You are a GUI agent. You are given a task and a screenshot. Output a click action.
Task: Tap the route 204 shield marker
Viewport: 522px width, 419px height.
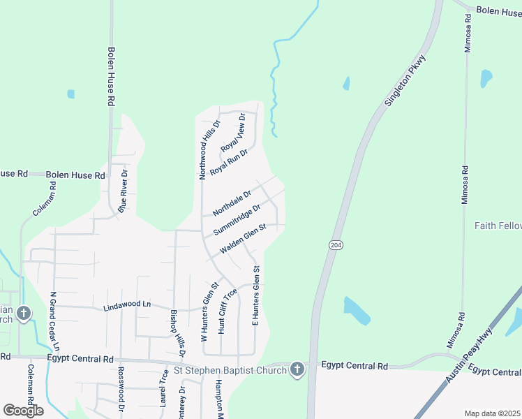(x=335, y=244)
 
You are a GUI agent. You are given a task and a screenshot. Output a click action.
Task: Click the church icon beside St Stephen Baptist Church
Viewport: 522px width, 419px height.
(x=297, y=369)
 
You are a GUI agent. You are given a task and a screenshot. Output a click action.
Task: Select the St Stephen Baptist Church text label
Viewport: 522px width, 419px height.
(x=230, y=370)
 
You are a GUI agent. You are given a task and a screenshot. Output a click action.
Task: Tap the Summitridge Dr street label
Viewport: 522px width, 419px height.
(x=237, y=219)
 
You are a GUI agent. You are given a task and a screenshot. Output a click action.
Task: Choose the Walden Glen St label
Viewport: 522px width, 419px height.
(x=243, y=239)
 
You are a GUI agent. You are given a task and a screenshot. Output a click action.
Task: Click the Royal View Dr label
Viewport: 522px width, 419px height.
(x=233, y=132)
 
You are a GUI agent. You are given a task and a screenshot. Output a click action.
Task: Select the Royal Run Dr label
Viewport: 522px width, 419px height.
(x=229, y=161)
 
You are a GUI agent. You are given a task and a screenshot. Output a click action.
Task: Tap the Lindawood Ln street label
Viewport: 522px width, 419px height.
(x=126, y=306)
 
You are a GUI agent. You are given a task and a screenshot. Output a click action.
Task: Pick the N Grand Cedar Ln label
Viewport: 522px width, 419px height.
(x=54, y=321)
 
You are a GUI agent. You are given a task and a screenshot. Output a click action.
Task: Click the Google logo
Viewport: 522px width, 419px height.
(x=23, y=411)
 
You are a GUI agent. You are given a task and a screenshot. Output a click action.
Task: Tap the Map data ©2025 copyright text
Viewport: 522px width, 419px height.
(x=492, y=413)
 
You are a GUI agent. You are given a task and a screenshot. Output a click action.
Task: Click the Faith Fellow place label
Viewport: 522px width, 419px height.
(x=498, y=226)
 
